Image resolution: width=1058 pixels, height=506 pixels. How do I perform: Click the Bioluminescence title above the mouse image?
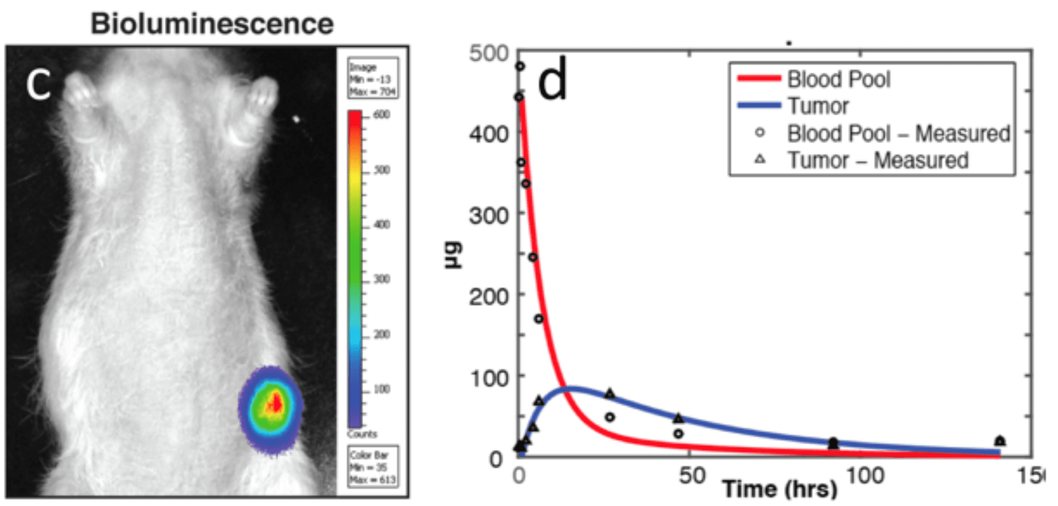coord(212,24)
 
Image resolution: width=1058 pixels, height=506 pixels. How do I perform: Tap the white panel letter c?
coord(39,85)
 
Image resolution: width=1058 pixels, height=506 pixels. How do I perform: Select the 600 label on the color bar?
coord(382,114)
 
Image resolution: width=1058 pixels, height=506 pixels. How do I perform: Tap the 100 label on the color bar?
coord(382,389)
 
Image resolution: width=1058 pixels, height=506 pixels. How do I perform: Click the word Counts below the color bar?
coord(362,434)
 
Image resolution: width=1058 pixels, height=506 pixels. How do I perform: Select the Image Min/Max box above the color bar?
coord(372,79)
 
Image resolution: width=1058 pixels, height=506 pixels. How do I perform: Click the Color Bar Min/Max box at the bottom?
coord(372,467)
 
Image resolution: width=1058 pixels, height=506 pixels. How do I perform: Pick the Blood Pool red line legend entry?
coord(815,79)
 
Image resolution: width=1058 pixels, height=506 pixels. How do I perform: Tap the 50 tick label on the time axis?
coord(692,476)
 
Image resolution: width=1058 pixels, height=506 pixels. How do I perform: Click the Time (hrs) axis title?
coord(780,489)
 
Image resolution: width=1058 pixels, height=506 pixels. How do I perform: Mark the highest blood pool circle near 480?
coord(520,67)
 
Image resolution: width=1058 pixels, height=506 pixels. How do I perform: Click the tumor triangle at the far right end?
coord(1000,441)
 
